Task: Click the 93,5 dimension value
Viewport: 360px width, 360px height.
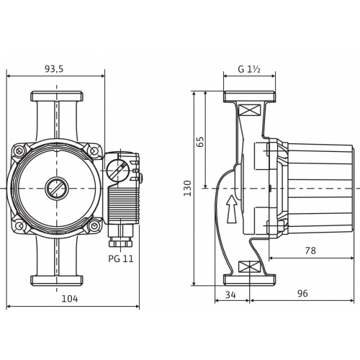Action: pyautogui.click(x=54, y=69)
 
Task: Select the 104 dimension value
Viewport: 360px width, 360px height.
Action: pyautogui.click(x=70, y=299)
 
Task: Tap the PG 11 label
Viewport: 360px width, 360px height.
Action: pyautogui.click(x=121, y=258)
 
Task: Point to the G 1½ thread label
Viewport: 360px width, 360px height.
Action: pyautogui.click(x=249, y=69)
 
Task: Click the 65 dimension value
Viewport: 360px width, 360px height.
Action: pyautogui.click(x=200, y=142)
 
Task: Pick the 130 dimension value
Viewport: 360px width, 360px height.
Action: pyautogui.click(x=187, y=189)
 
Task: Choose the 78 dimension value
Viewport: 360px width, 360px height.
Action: pyautogui.click(x=310, y=251)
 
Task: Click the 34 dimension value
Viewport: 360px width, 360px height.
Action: pyautogui.click(x=230, y=294)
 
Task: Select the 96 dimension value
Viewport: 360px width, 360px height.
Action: pyautogui.click(x=302, y=293)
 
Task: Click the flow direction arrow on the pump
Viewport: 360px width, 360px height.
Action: pyautogui.click(x=232, y=209)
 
